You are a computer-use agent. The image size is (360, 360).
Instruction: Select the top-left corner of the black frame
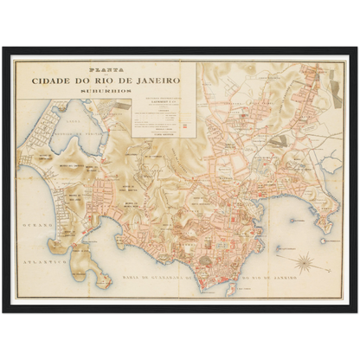(x=3, y=47)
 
